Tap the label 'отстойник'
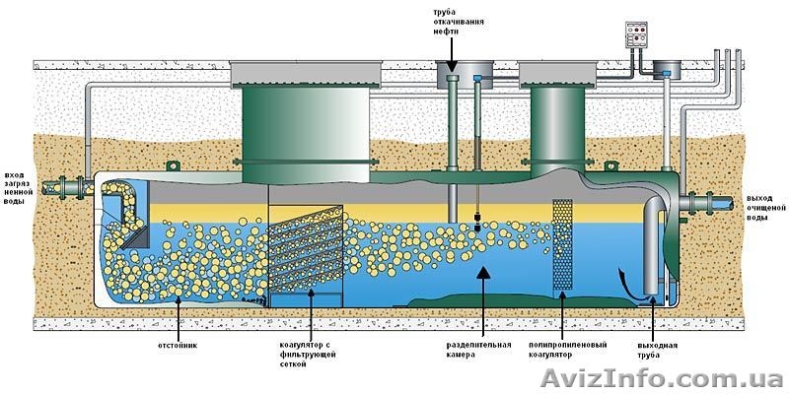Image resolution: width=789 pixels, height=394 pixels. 178,345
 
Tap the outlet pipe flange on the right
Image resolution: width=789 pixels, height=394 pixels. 706,202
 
